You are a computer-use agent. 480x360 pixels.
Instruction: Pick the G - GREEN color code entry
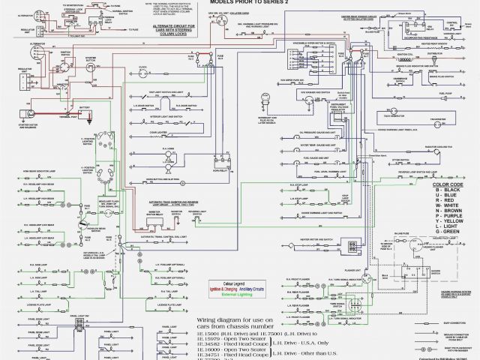(x=440, y=230)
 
